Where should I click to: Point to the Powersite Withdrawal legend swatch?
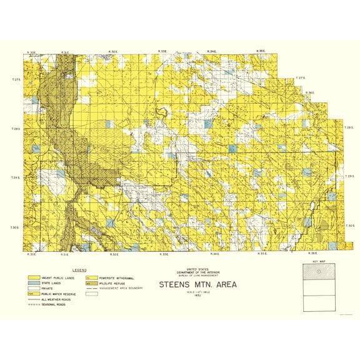91,277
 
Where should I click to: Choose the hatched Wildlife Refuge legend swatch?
91,282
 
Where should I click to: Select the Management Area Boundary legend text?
122,288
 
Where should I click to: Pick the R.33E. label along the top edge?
164,51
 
